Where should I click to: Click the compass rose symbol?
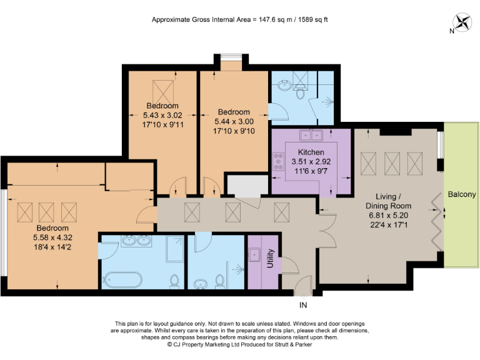click(x=463, y=22)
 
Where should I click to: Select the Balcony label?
click(x=462, y=194)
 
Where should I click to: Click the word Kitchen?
click(x=311, y=152)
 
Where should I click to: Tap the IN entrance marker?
click(x=304, y=306)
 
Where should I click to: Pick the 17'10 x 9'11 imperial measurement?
click(x=162, y=124)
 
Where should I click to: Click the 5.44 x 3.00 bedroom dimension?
click(x=233, y=121)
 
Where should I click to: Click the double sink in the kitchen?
click(x=311, y=134)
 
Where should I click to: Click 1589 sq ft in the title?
click(x=307, y=19)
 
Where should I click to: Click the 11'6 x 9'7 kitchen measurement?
click(x=311, y=169)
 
